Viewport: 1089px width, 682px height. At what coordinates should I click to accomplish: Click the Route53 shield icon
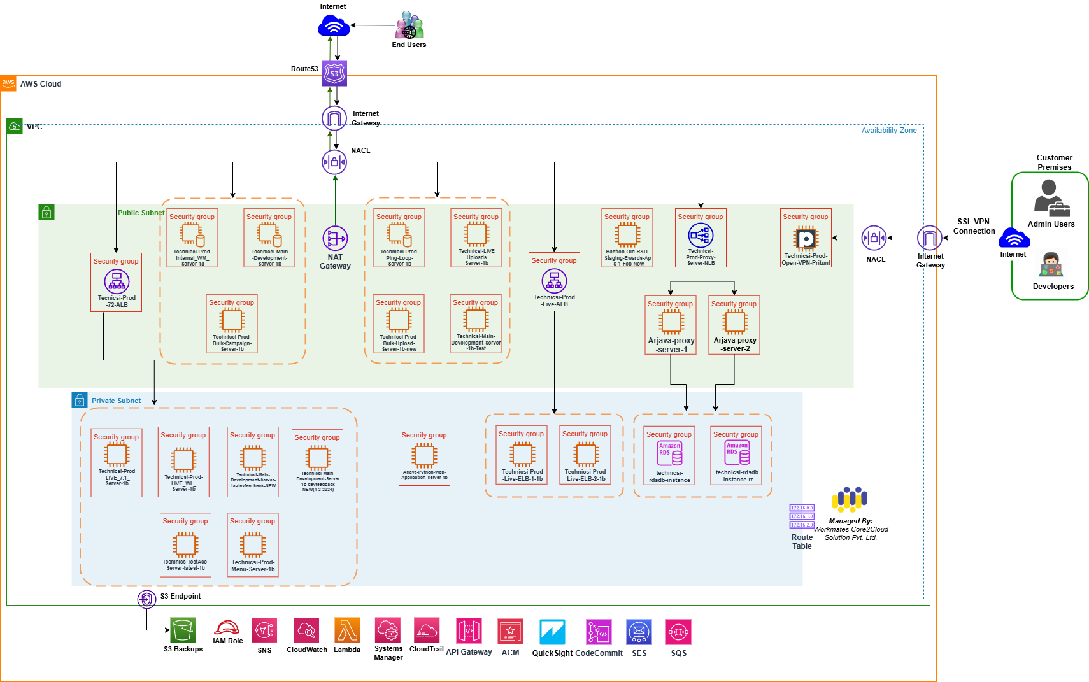point(334,74)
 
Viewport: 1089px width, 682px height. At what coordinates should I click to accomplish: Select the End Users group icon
point(409,25)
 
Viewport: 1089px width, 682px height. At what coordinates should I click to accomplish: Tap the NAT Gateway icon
point(335,239)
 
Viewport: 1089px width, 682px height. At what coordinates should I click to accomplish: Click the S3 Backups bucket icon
point(183,630)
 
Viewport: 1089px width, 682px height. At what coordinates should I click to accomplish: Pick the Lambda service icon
point(347,630)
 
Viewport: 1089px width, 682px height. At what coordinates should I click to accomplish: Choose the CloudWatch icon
point(306,630)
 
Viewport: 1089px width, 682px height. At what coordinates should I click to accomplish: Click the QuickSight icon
point(552,632)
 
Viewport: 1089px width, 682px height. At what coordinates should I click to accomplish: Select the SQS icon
point(678,632)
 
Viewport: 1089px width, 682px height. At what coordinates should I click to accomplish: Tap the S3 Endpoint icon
point(146,599)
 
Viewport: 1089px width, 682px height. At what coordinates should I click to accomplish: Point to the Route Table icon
point(802,516)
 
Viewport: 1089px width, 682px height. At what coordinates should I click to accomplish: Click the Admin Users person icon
point(1051,198)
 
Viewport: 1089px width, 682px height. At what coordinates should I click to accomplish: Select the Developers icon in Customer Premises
point(1051,265)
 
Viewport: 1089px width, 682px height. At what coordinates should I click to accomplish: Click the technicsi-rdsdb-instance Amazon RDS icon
point(669,454)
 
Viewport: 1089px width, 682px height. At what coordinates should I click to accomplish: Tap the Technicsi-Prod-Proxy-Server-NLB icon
point(701,236)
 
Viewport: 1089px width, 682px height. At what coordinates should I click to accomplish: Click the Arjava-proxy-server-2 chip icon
point(735,322)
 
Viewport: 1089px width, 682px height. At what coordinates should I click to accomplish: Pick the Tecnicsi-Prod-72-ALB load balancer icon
point(117,281)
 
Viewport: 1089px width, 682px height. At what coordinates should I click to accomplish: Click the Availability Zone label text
point(888,131)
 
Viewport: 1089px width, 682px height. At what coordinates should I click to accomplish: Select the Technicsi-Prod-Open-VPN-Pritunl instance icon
point(806,239)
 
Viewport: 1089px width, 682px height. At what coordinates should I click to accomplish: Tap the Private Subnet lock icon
point(80,400)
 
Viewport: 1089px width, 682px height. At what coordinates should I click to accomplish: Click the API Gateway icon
point(469,631)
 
